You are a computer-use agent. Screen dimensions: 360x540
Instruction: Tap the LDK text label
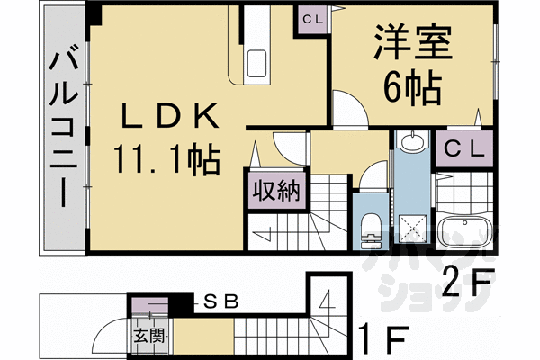(166, 117)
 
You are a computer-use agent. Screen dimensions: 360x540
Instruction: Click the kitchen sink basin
(256, 63)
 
